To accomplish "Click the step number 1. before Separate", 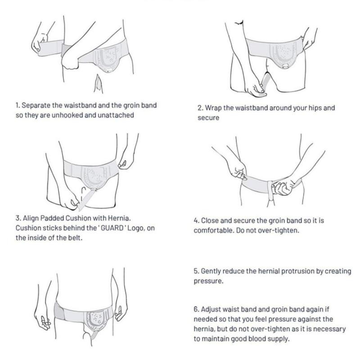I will [18, 106].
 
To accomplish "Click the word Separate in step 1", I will [36, 106].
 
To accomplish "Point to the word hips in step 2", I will [314, 108].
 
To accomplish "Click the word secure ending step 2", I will [208, 118].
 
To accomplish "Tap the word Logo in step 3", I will [136, 229].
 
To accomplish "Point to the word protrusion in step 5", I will [296, 272].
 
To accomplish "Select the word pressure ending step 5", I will [208, 281].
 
